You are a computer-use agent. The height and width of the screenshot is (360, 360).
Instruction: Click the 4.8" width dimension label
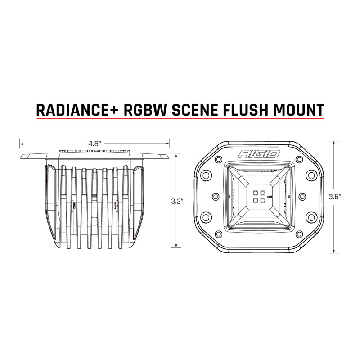click(x=94, y=144)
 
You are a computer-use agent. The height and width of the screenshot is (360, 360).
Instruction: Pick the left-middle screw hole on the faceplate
click(x=215, y=197)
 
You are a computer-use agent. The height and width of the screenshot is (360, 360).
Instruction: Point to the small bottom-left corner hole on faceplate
click(x=219, y=234)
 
